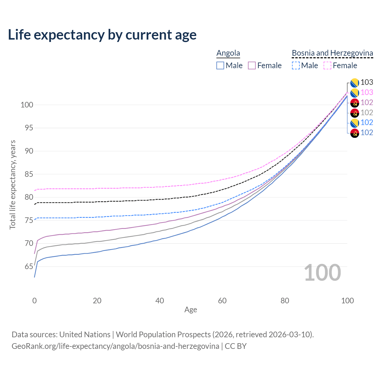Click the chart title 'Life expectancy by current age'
click(x=102, y=35)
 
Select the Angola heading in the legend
click(x=228, y=53)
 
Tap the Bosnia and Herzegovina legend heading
click(x=332, y=53)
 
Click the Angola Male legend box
click(x=220, y=65)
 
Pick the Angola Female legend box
click(x=252, y=65)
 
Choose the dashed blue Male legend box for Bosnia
click(x=296, y=65)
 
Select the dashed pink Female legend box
click(x=327, y=65)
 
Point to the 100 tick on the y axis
click(x=27, y=105)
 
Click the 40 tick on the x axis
click(x=160, y=301)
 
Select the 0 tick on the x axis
click(x=35, y=301)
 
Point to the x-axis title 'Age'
click(x=190, y=310)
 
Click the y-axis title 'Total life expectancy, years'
click(x=13, y=185)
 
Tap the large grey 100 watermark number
click(x=322, y=273)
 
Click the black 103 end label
click(x=367, y=82)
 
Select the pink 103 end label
click(x=367, y=93)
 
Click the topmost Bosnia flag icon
click(x=355, y=82)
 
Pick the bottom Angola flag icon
click(x=355, y=133)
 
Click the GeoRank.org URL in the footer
click(x=115, y=346)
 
